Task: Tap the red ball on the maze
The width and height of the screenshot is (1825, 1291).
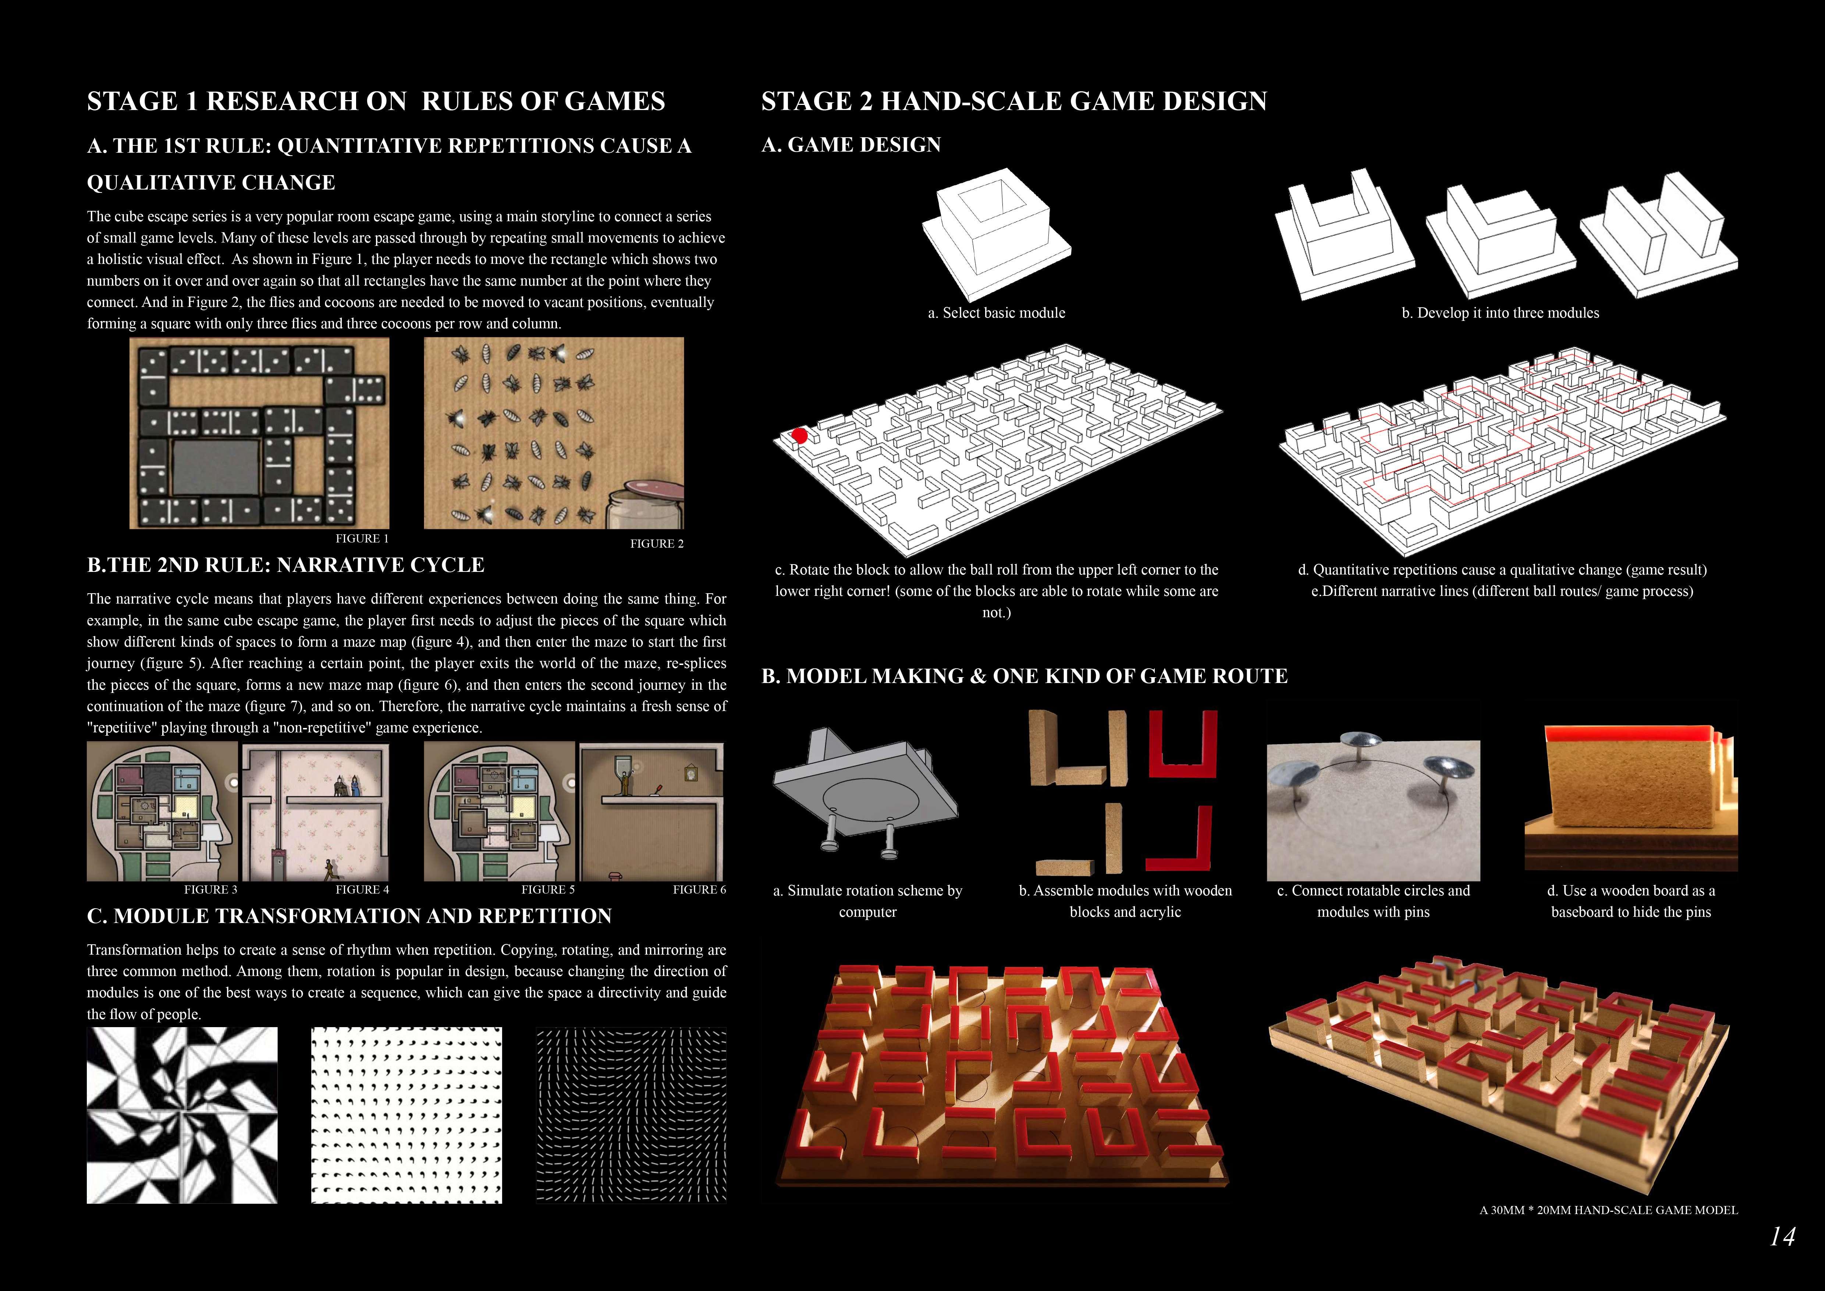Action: (800, 435)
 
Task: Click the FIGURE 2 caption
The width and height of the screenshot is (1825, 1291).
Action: (657, 544)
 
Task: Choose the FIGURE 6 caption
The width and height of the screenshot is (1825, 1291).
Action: (699, 889)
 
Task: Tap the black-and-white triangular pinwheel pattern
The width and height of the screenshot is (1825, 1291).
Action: (182, 1114)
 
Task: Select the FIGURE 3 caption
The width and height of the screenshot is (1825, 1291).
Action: (211, 889)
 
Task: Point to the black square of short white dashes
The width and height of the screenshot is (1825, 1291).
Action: (631, 1114)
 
